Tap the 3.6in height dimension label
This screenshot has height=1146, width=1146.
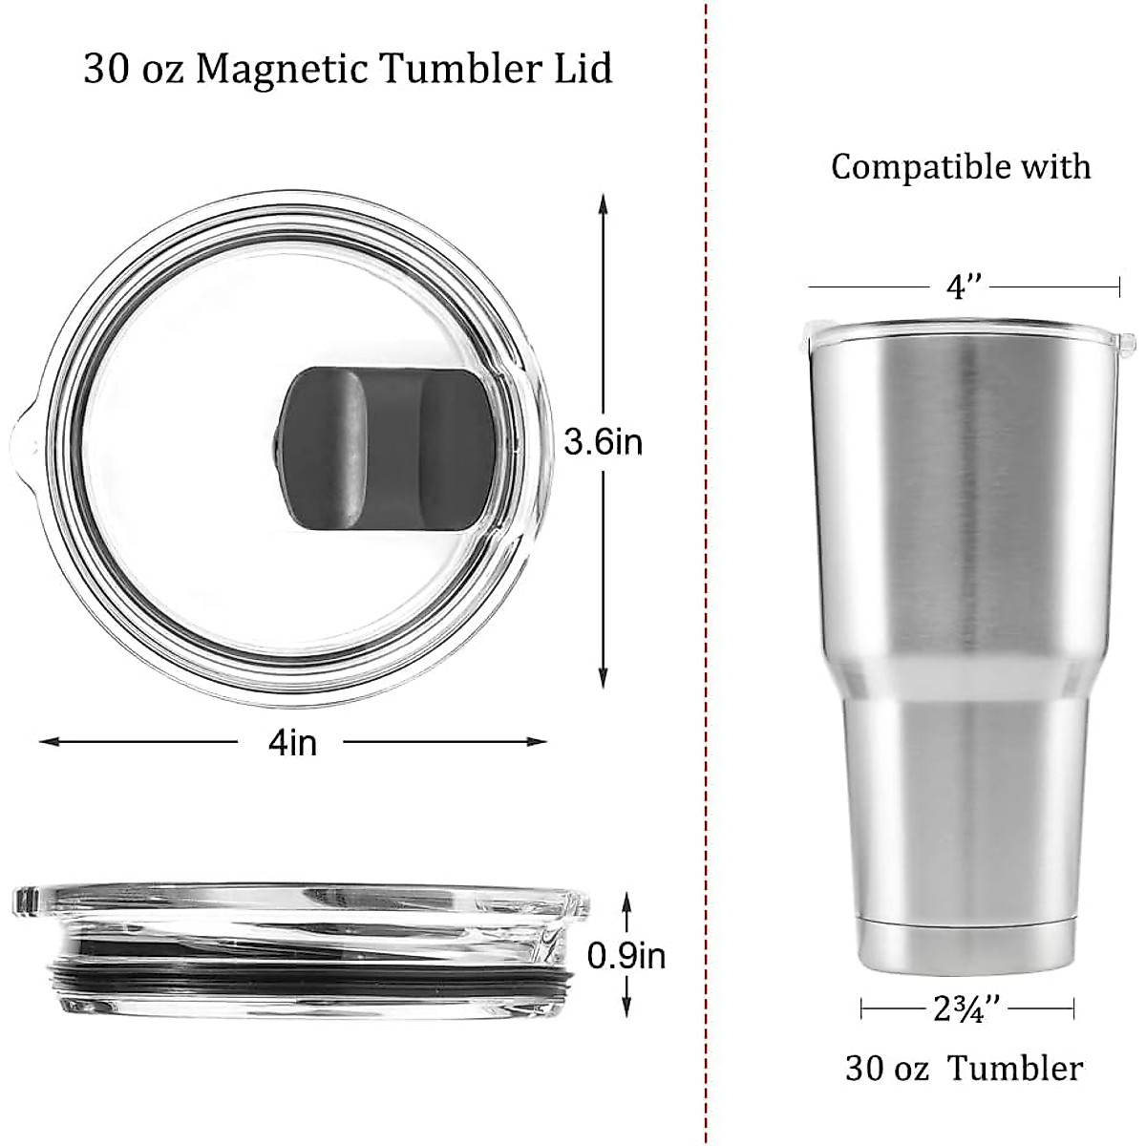coord(604,442)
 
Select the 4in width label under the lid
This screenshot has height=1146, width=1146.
coord(291,742)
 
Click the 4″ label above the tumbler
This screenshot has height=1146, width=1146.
coord(964,286)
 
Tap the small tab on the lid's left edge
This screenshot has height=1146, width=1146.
coord(23,443)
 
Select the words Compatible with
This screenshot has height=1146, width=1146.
coord(960,167)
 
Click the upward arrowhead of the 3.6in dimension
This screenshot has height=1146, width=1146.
coord(603,202)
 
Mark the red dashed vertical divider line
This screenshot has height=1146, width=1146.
coord(706,573)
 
